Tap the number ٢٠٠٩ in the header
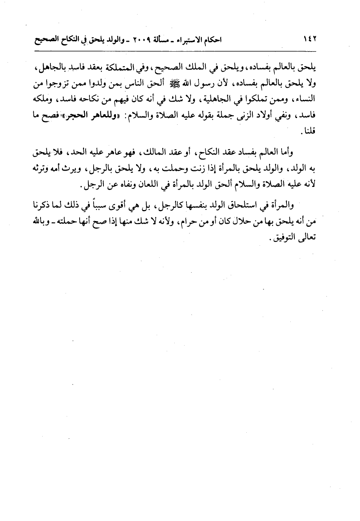point(134,39)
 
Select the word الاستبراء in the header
point(184,39)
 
